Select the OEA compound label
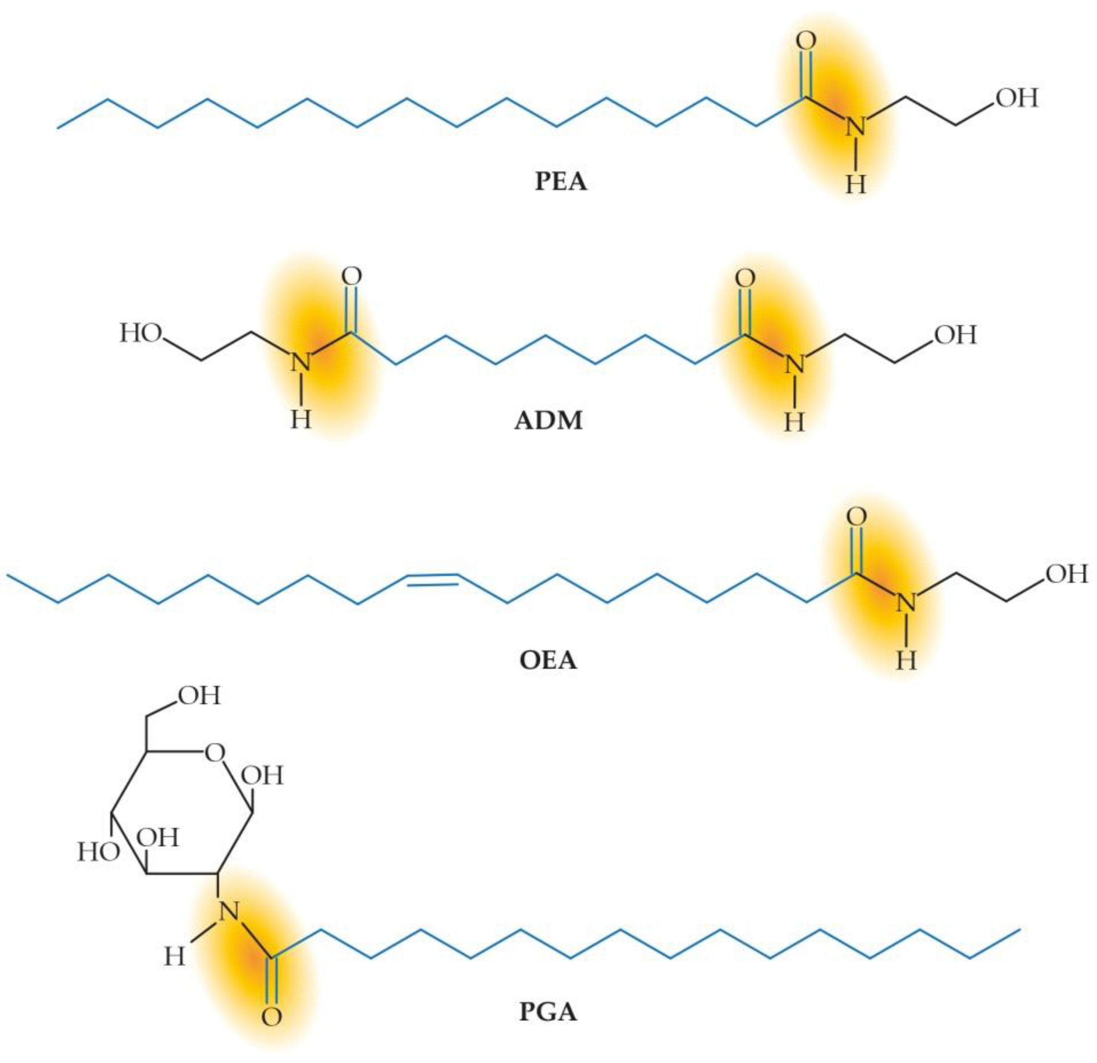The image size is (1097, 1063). [x=548, y=661]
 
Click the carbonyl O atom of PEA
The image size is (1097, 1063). [x=806, y=41]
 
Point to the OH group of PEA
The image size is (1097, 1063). [x=1016, y=98]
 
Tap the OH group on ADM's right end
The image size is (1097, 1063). [x=955, y=335]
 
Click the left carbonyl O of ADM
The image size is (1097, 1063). [x=352, y=276]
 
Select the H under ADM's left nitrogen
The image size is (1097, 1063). [x=301, y=420]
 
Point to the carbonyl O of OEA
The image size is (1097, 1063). [x=856, y=516]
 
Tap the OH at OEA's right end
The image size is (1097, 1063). [x=1066, y=574]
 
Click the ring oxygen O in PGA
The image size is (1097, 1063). [x=215, y=753]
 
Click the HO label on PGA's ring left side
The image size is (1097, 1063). [x=98, y=853]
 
